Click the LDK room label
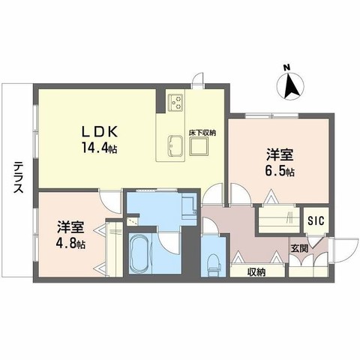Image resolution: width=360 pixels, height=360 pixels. click(97, 129)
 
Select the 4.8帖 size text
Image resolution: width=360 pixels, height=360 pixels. click(70, 245)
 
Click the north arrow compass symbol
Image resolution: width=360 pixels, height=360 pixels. click(292, 86)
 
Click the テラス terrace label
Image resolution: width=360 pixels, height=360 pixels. click(16, 178)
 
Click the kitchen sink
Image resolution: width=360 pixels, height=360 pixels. click(177, 145)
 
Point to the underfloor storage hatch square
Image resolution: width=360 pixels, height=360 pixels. click(199, 147)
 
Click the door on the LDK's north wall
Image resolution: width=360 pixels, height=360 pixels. click(198, 79)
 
